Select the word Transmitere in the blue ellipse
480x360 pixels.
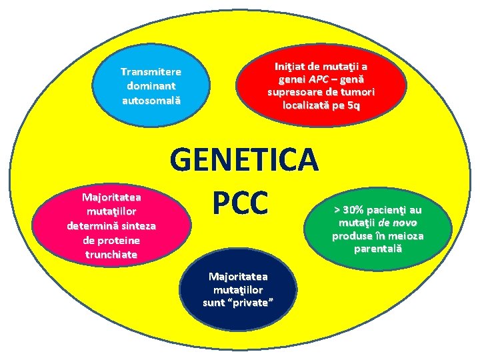pyautogui.click(x=151, y=71)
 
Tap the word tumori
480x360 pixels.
pyautogui.click(x=357, y=92)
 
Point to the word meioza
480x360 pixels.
pyautogui.click(x=403, y=235)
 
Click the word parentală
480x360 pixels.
pyautogui.click(x=377, y=249)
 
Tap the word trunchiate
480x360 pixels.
pyautogui.click(x=112, y=254)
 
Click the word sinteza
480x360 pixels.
pyautogui.click(x=135, y=225)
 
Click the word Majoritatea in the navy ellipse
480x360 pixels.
pyautogui.click(x=238, y=276)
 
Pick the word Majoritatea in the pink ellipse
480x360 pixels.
pyautogui.click(x=112, y=197)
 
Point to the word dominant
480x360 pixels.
pyautogui.click(x=151, y=86)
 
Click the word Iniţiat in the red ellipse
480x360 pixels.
pyautogui.click(x=291, y=66)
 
